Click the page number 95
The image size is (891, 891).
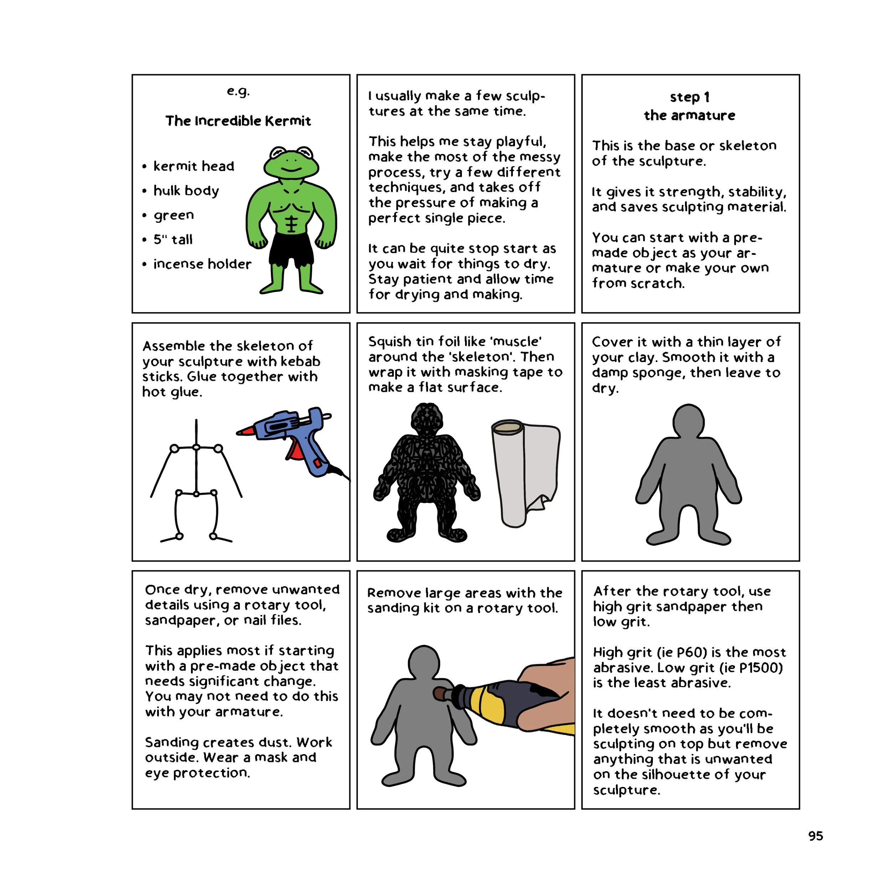815,836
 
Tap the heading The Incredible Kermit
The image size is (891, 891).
238,121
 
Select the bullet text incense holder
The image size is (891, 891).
202,264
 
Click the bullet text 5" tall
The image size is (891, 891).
173,240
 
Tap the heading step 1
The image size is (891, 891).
690,97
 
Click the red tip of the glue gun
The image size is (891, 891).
246,432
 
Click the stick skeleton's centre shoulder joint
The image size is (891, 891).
196,447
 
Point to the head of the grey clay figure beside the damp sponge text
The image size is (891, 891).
688,421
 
